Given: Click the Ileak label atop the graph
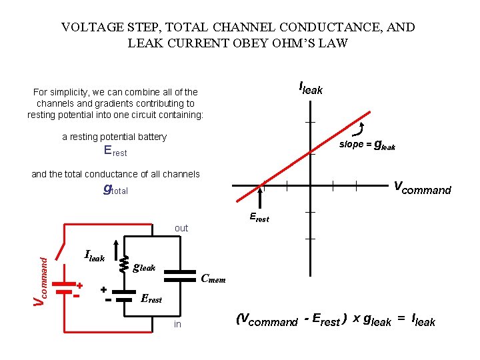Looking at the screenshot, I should click(x=311, y=87).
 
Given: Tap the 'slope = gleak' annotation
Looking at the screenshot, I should click(x=367, y=145).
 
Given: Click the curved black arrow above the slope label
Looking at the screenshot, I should click(x=363, y=128).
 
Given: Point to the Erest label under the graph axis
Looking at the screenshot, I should click(x=259, y=217).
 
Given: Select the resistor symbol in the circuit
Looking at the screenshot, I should click(x=123, y=265).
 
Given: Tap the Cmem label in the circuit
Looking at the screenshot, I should click(x=213, y=279).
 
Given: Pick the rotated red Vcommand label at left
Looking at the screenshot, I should click(x=41, y=274).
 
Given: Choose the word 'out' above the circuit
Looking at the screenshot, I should click(x=181, y=228).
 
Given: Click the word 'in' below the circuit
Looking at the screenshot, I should click(x=177, y=324).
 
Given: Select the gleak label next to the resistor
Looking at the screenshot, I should click(x=145, y=267).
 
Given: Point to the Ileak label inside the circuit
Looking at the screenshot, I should click(x=95, y=255).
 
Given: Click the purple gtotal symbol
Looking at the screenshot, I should click(x=115, y=189).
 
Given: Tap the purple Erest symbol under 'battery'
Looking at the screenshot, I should click(x=115, y=151).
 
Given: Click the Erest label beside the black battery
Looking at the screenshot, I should click(x=151, y=299).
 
